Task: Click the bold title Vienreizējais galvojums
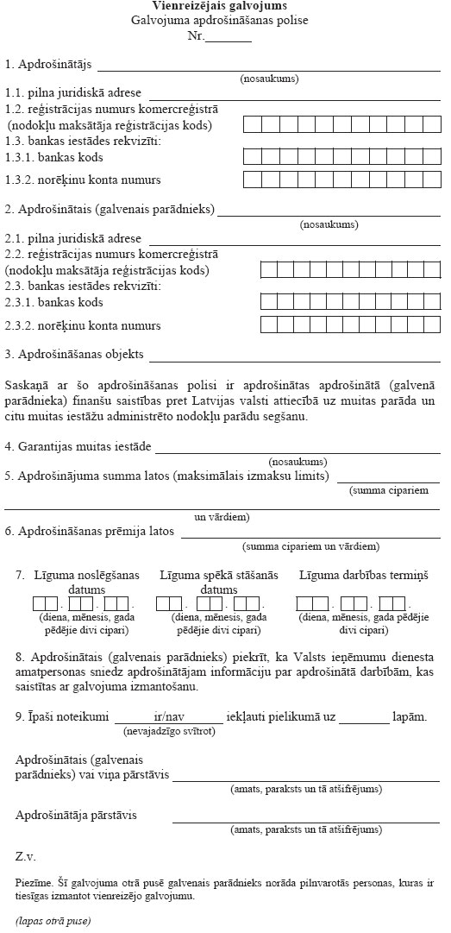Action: (211, 7)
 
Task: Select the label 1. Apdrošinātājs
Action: (49, 65)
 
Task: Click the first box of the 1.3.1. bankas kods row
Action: (252, 156)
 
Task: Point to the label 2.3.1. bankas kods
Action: (53, 303)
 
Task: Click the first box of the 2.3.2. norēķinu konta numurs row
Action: (269, 325)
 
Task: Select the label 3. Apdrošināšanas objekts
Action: (75, 355)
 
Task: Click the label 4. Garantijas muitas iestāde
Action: (78, 446)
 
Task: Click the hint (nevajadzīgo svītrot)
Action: (168, 732)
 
